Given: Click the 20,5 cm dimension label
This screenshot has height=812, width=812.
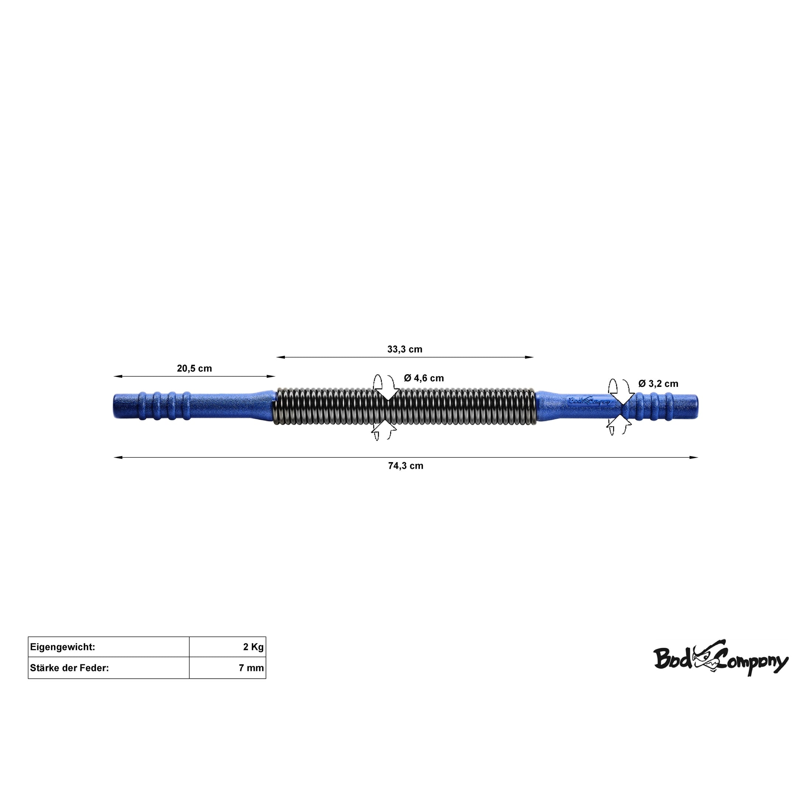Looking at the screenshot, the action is click(194, 369).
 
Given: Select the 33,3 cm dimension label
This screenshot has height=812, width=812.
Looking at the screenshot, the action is click(405, 349).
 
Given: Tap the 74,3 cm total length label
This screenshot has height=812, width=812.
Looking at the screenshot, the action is click(406, 466).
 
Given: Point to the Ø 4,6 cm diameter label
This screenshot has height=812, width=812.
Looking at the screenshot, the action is click(424, 378).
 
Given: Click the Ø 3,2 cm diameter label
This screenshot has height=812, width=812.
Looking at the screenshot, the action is click(658, 384).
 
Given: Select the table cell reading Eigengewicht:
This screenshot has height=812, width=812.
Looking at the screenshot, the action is click(109, 647).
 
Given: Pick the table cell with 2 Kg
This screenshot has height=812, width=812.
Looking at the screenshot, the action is click(227, 647).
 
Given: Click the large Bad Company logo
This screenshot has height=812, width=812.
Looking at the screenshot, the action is click(720, 659).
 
